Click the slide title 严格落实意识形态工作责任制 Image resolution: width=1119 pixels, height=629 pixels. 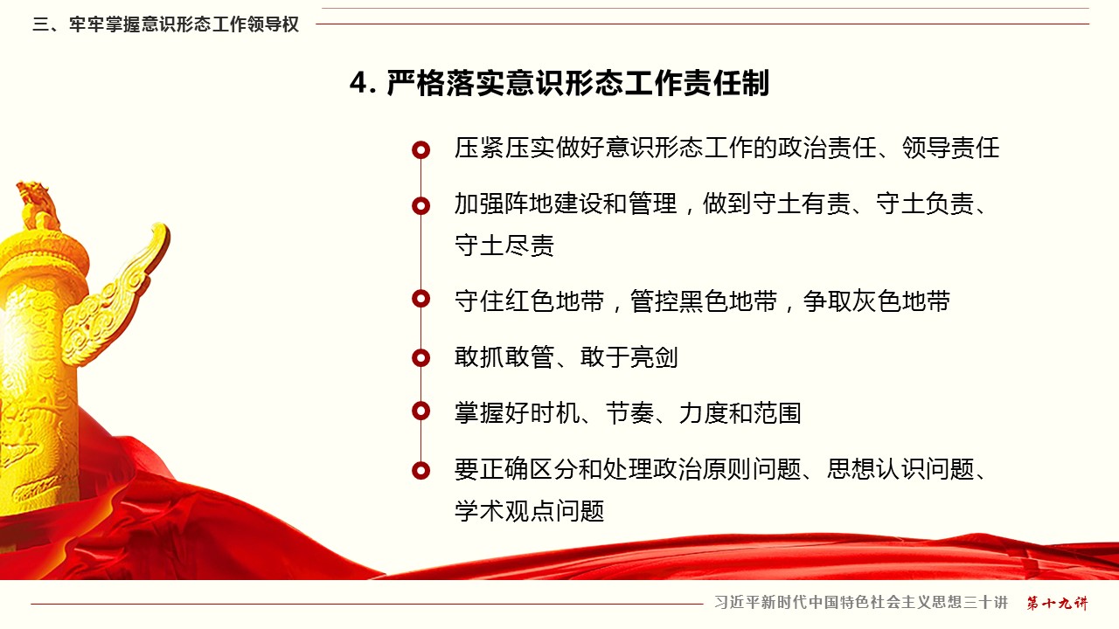[578, 83]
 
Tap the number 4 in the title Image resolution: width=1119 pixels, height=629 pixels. [358, 83]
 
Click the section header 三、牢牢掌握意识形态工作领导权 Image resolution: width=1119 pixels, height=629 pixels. [166, 24]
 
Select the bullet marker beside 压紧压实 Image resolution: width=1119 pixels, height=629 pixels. [420, 149]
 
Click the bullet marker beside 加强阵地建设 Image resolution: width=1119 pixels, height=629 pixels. [420, 205]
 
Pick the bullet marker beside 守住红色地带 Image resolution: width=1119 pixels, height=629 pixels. [420, 299]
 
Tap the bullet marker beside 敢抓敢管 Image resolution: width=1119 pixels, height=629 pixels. [420, 357]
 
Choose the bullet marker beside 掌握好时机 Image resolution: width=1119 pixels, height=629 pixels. [420, 411]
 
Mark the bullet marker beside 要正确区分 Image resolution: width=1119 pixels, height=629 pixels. [420, 470]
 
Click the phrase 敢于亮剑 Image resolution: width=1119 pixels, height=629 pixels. [629, 357]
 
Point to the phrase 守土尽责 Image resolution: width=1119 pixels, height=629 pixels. [504, 245]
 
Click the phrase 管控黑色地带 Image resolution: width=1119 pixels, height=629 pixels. [704, 301]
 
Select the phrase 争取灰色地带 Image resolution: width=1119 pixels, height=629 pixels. [876, 301]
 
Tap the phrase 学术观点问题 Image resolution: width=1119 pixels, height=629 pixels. [530, 511]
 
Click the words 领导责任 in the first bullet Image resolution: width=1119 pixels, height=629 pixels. [950, 148]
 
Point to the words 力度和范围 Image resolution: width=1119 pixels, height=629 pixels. [740, 413]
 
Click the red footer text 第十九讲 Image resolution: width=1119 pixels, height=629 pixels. [1057, 603]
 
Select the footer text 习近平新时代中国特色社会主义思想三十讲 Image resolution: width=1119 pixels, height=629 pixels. [861, 603]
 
